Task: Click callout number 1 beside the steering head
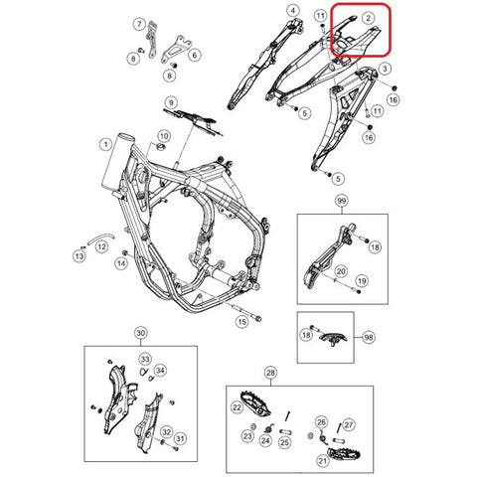(x=104, y=144)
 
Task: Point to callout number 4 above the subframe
(x=292, y=11)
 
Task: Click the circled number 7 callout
(x=139, y=23)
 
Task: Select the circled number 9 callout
(x=171, y=102)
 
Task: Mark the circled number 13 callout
(x=78, y=255)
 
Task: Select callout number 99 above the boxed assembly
(x=343, y=202)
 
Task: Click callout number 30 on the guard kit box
(x=141, y=333)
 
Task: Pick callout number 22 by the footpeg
(x=237, y=407)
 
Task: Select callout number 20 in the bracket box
(x=340, y=271)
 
